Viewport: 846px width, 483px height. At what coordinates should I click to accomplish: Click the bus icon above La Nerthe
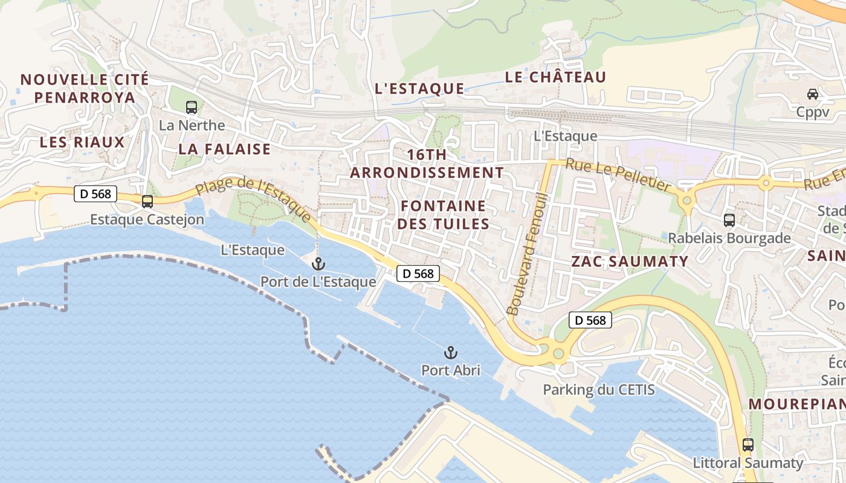coord(192,107)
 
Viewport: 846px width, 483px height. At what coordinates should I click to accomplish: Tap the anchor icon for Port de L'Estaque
coord(318,264)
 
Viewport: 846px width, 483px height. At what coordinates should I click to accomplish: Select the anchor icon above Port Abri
coord(450,352)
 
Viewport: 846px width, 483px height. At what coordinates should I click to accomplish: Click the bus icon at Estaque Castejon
coord(147,202)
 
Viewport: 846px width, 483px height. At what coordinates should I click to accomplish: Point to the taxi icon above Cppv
coord(813,94)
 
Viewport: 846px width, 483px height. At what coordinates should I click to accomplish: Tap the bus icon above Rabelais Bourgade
coord(729,220)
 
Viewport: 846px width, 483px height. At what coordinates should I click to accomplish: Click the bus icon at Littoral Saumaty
coord(748,445)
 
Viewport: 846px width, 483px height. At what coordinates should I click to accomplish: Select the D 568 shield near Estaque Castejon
coord(95,194)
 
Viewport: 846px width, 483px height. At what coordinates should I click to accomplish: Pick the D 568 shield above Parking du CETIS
coord(590,320)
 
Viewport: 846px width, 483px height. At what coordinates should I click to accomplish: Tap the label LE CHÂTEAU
coord(555,77)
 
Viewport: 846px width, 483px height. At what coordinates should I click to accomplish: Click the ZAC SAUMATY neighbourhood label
coord(630,261)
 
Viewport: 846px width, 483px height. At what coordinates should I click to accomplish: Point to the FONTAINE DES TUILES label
coord(444,215)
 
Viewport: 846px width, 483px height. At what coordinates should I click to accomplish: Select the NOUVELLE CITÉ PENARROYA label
coord(85,88)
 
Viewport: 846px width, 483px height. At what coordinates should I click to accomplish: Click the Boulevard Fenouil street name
coord(528,254)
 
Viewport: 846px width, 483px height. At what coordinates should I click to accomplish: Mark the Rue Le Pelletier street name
coord(618,175)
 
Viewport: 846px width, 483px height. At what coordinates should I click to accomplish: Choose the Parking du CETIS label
coord(598,389)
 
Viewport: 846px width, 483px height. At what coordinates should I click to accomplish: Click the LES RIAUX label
coord(82,142)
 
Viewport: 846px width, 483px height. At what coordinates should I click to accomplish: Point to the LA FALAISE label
coord(224,149)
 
